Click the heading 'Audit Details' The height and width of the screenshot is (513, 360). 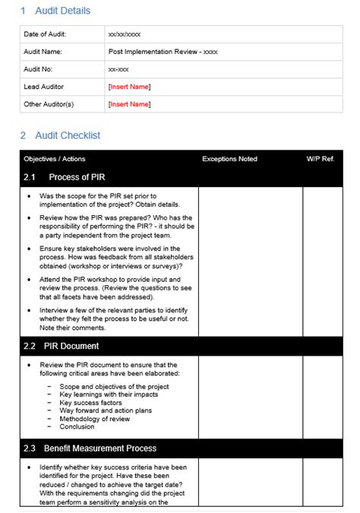(x=62, y=11)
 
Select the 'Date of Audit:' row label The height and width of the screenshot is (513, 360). (x=45, y=34)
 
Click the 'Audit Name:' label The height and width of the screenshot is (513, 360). (x=43, y=52)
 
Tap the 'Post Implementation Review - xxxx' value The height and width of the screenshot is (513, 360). (x=163, y=52)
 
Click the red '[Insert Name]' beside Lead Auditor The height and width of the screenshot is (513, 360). (x=129, y=87)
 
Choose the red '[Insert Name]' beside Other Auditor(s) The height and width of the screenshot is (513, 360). (x=129, y=104)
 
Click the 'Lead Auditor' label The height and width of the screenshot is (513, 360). (x=44, y=87)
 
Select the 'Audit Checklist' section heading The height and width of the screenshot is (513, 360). (x=68, y=135)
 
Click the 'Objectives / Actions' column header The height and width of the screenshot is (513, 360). (x=55, y=159)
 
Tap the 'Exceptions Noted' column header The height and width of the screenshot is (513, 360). (x=229, y=159)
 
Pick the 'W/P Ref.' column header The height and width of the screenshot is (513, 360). (x=320, y=159)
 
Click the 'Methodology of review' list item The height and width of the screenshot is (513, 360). (x=95, y=418)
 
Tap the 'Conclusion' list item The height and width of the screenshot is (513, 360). (x=77, y=426)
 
